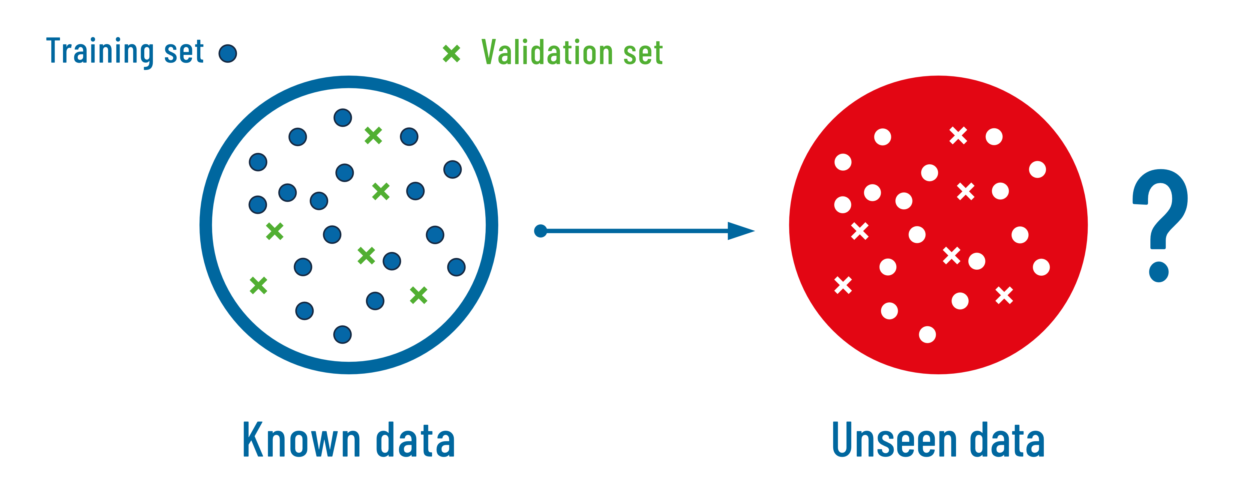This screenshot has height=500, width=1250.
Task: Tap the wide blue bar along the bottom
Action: pos(625,439)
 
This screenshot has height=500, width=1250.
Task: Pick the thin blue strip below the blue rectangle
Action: pos(1165,275)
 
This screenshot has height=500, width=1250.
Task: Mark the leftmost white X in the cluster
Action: pos(843,285)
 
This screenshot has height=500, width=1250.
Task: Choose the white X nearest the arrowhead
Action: pos(859,231)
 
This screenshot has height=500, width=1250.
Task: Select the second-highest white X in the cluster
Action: pos(966,191)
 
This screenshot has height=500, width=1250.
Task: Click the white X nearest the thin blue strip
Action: pos(1004,295)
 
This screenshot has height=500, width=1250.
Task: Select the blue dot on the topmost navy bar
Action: pos(343,117)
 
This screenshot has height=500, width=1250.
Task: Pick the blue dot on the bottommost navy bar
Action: pos(343,334)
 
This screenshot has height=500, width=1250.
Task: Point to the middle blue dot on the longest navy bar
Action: pos(345,173)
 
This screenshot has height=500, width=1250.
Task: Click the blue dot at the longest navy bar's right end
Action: pos(452,169)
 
